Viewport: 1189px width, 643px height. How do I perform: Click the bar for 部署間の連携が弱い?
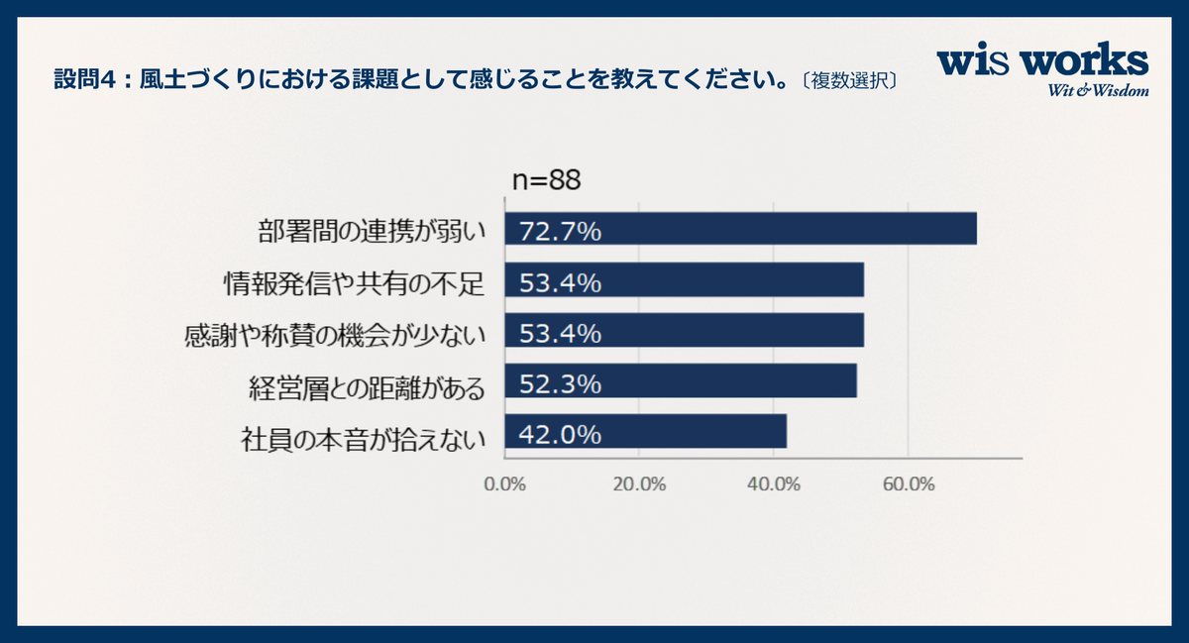741,229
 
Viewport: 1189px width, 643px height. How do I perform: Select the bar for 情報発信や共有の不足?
685,281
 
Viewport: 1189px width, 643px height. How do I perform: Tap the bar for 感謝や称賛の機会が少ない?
685,331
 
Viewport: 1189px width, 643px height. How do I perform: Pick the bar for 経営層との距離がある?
681,382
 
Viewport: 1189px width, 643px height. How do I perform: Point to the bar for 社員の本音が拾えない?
646,432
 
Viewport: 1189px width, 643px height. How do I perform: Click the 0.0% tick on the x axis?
504,484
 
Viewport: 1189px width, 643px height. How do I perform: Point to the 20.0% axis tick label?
638,484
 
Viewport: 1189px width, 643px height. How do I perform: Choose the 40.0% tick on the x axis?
773,484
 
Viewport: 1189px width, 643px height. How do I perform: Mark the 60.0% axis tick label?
908,484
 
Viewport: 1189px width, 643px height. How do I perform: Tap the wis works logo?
1042,62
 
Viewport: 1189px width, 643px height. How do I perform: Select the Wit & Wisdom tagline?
1099,91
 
